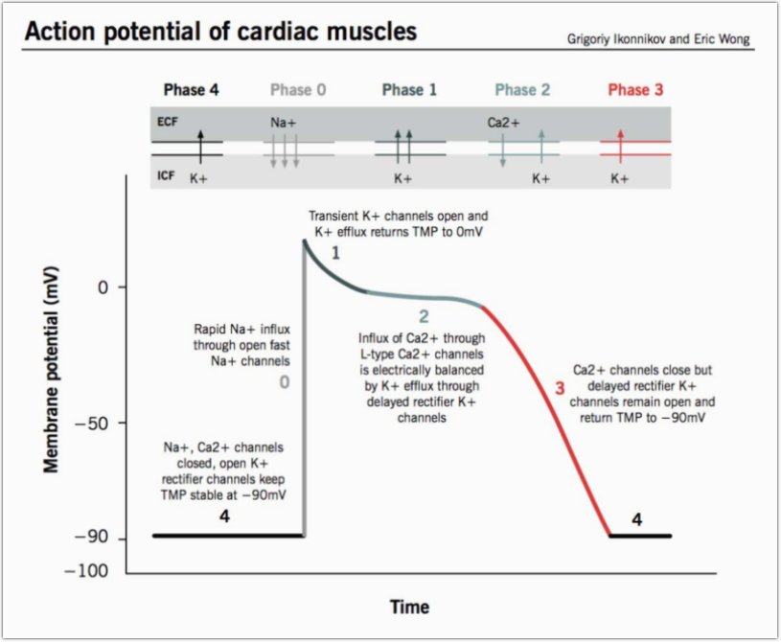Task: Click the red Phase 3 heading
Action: tap(635, 90)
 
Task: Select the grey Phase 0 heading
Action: tap(298, 90)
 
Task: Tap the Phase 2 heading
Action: tap(522, 90)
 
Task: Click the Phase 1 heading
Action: tap(409, 90)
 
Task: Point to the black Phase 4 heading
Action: tap(191, 90)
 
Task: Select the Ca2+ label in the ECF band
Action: tap(504, 123)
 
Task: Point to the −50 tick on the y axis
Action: tap(99, 423)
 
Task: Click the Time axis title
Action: tap(409, 607)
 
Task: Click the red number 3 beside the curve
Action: tap(561, 388)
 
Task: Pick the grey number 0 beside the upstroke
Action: tap(284, 383)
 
